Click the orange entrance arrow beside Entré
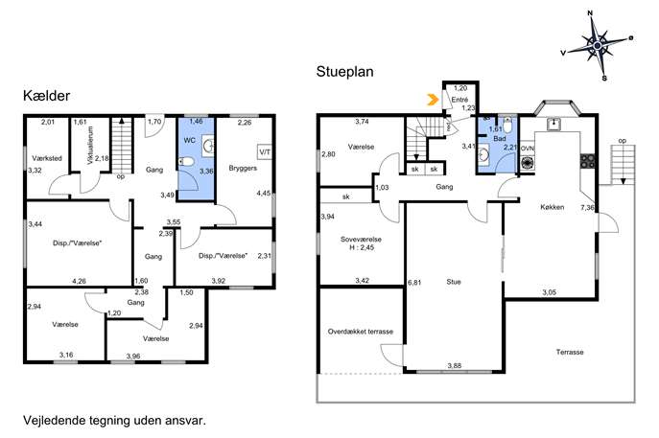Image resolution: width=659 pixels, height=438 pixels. [x=432, y=100]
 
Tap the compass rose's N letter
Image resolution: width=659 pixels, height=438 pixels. [x=590, y=13]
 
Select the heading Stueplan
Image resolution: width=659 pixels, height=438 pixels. [x=344, y=71]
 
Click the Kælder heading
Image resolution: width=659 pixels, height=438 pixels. [x=46, y=96]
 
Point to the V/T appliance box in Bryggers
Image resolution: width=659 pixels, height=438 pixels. [x=265, y=152]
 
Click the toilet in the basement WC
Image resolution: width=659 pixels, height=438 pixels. [x=186, y=161]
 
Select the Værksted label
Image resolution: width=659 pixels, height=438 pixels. [x=47, y=158]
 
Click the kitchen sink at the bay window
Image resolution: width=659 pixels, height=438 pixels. [x=554, y=124]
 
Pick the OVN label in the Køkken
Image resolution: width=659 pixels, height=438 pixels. [x=528, y=149]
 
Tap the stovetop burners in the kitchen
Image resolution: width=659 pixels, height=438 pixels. [x=588, y=161]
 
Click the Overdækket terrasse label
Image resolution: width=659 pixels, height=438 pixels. [x=360, y=332]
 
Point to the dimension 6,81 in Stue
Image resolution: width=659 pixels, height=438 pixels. [x=414, y=283]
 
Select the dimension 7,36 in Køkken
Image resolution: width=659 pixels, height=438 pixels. [x=587, y=207]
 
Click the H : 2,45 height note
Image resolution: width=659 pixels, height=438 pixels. [x=362, y=247]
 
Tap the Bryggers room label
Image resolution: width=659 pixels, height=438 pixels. [x=243, y=168]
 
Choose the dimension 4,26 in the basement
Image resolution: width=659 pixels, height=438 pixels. [x=79, y=281]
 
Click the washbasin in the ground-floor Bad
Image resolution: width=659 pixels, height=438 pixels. [x=483, y=154]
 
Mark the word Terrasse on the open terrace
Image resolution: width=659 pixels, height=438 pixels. [x=570, y=352]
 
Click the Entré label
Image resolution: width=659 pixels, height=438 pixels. [x=459, y=100]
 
